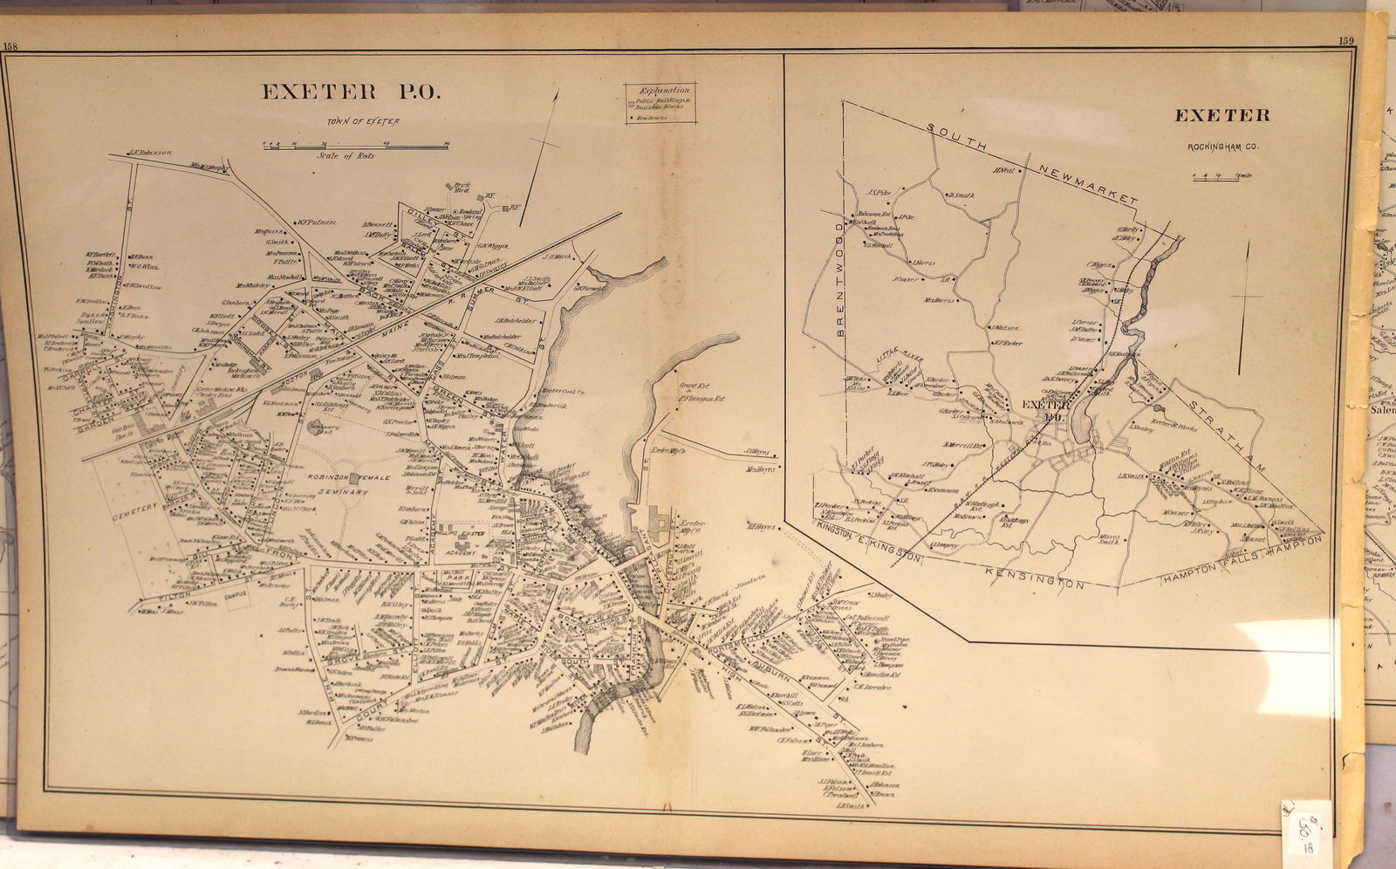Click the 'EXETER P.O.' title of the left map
[x=352, y=92]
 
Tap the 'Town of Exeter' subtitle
[x=364, y=121]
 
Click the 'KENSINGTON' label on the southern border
[x=1035, y=578]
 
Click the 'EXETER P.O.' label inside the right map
[x=1045, y=409]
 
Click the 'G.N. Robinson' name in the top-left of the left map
[x=148, y=153]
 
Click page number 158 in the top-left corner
[x=10, y=47]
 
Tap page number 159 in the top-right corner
[x=1345, y=40]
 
